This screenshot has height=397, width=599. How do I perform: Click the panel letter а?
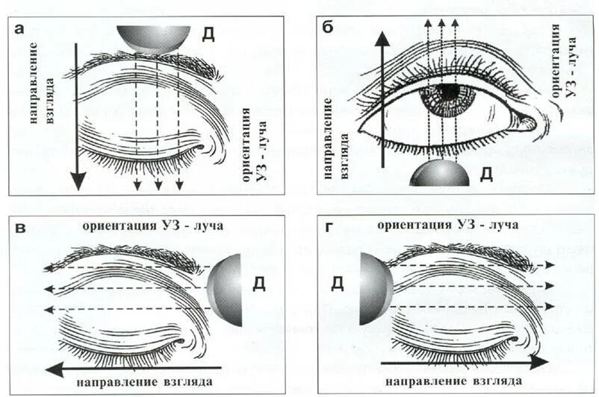[20, 31]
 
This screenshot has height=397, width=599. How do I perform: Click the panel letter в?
[22, 228]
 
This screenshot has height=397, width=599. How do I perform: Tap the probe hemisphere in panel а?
[151, 37]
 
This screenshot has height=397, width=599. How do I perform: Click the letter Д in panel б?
[485, 175]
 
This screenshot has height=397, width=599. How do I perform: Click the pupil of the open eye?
[448, 93]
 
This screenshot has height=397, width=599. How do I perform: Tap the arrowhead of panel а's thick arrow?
[77, 180]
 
